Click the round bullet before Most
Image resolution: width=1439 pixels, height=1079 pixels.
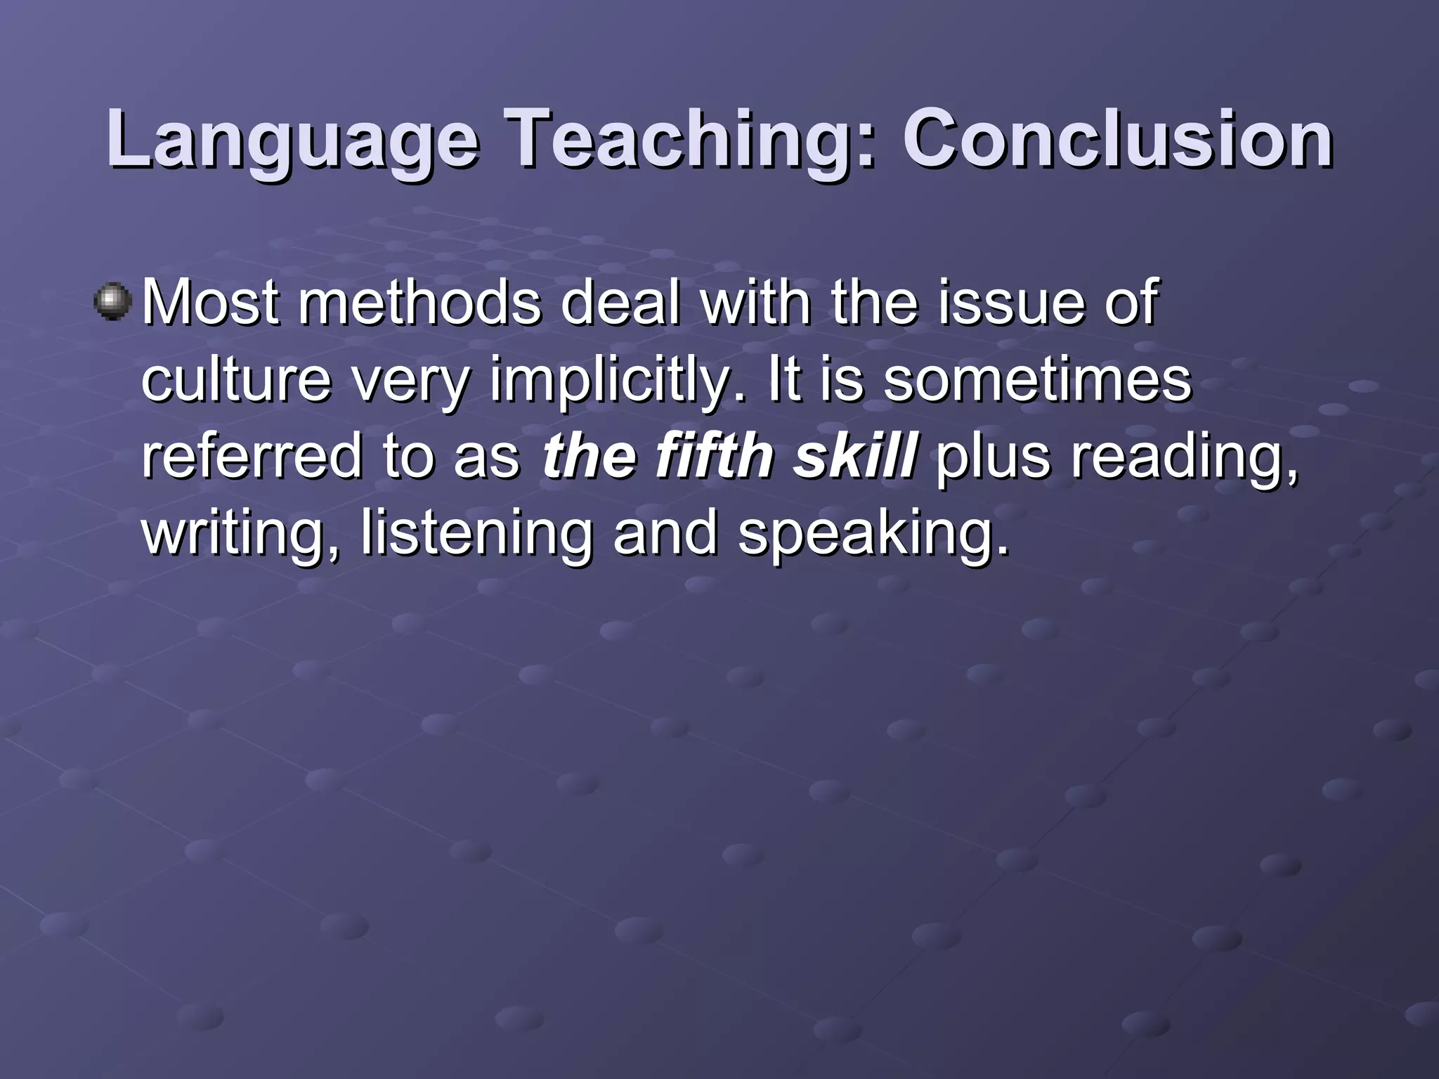[112, 303]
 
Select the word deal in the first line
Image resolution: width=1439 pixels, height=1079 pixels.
[620, 303]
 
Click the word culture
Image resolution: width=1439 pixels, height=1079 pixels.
[236, 380]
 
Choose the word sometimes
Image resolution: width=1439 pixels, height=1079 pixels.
[1037, 380]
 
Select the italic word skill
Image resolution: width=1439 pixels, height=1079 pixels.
[854, 457]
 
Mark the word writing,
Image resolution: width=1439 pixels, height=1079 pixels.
[242, 534]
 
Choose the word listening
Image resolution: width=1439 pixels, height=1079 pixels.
[476, 534]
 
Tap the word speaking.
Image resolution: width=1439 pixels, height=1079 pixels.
[873, 534]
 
